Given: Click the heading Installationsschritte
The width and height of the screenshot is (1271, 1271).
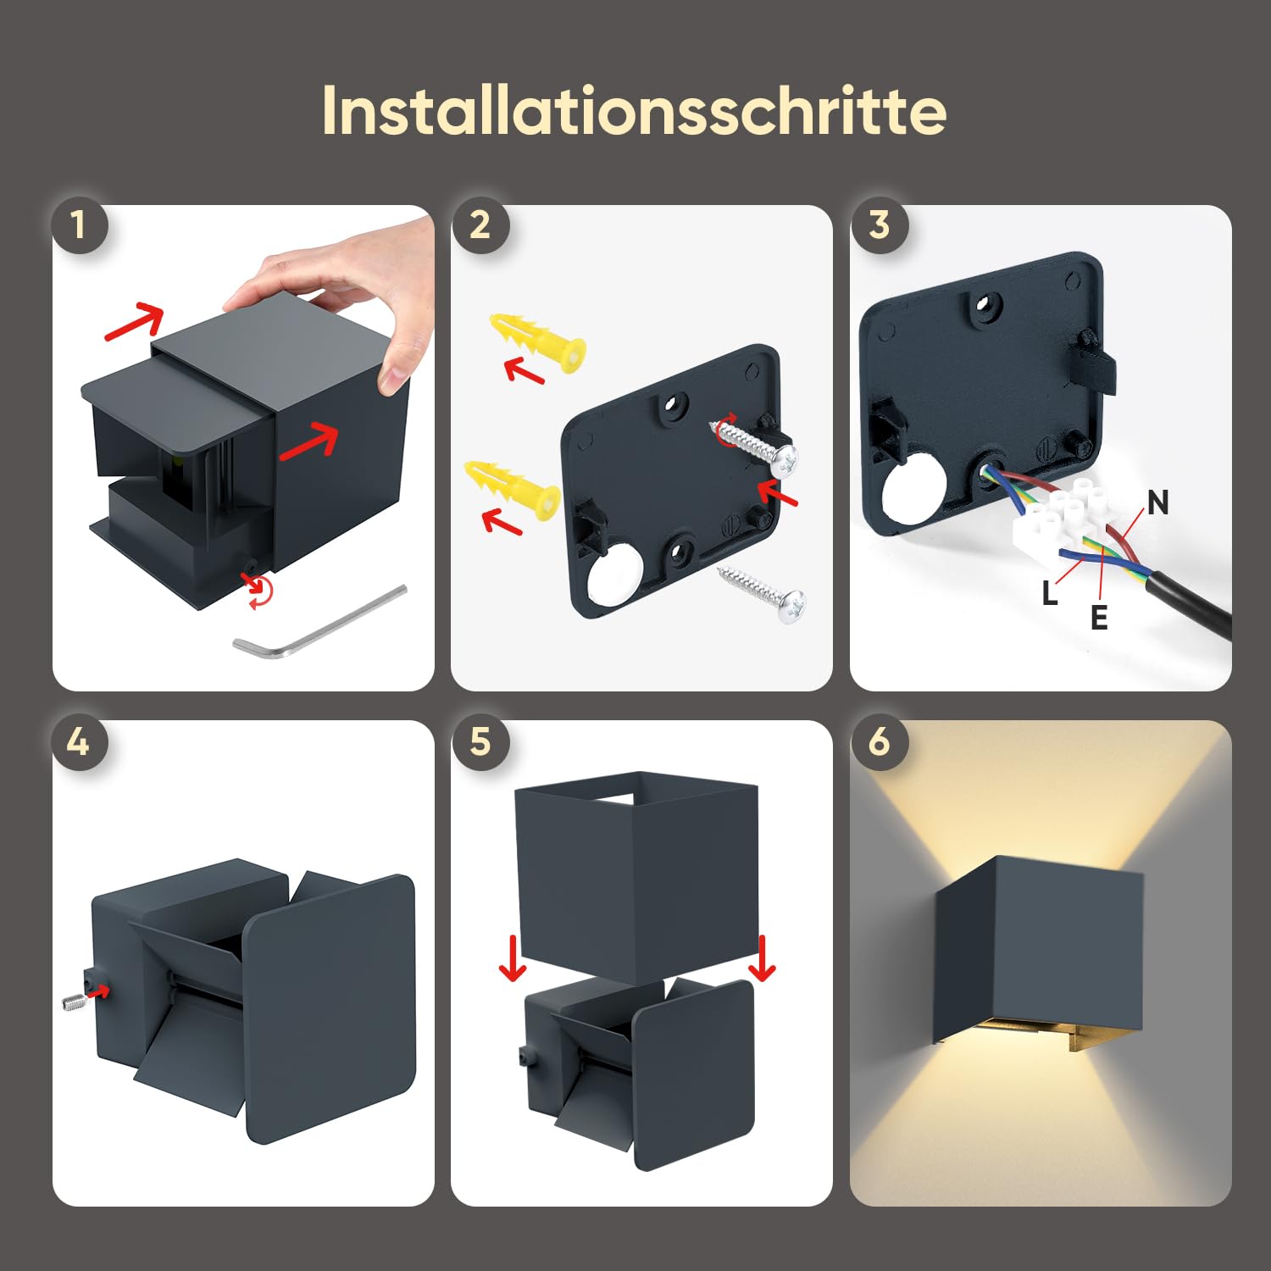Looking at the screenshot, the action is click(634, 111).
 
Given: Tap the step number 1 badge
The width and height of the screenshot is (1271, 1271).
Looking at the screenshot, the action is click(79, 225).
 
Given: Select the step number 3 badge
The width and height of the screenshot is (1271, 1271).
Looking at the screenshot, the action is click(879, 225).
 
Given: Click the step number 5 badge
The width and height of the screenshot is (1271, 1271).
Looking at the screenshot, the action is click(480, 742).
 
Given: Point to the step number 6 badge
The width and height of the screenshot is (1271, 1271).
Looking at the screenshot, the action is click(879, 742).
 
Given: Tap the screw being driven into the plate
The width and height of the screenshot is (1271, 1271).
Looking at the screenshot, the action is click(755, 445).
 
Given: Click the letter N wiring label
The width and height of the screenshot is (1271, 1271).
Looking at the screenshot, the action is click(1157, 503).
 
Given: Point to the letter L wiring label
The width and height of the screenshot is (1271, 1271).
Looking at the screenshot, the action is click(1050, 593).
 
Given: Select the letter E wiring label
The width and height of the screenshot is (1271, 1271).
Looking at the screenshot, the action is click(1099, 618).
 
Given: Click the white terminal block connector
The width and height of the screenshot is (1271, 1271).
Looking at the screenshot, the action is click(1059, 519).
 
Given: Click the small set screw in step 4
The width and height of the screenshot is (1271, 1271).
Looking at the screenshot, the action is click(75, 1002).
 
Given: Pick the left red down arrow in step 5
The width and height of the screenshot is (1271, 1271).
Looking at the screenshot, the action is click(513, 958).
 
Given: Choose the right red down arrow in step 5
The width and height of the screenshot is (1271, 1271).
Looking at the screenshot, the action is click(763, 958).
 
